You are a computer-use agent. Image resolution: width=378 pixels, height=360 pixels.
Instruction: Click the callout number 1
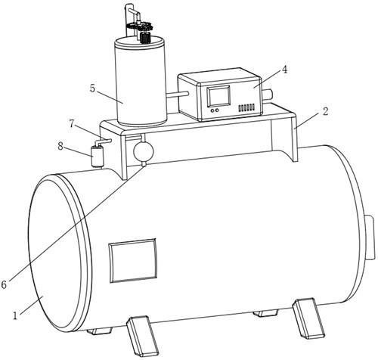15,315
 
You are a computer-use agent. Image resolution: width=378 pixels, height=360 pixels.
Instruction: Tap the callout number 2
326,111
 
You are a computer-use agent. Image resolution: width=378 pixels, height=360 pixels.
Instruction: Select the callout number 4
284,70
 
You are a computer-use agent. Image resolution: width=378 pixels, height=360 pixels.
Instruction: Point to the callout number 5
93,88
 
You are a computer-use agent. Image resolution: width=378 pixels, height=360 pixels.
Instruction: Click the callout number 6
4,285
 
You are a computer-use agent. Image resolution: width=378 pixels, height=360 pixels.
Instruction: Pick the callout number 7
72,124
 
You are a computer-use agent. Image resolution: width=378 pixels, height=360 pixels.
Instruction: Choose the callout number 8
60,146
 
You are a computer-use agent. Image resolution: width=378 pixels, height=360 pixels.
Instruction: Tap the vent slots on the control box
246,108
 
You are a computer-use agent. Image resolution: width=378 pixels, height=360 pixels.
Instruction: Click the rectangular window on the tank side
133,261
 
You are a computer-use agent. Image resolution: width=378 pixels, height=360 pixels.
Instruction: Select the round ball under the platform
144,151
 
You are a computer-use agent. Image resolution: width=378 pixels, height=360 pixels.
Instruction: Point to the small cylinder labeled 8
98,156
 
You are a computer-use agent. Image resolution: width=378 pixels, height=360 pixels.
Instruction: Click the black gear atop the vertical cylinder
145,37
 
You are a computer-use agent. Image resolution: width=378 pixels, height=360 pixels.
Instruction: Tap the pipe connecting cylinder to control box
177,95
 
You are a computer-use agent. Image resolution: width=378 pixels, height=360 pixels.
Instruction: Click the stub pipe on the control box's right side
268,95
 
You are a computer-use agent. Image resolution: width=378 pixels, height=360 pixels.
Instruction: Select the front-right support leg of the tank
308,318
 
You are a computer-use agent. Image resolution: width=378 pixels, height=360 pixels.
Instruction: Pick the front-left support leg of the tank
143,337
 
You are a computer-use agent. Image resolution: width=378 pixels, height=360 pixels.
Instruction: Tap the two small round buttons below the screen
215,110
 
